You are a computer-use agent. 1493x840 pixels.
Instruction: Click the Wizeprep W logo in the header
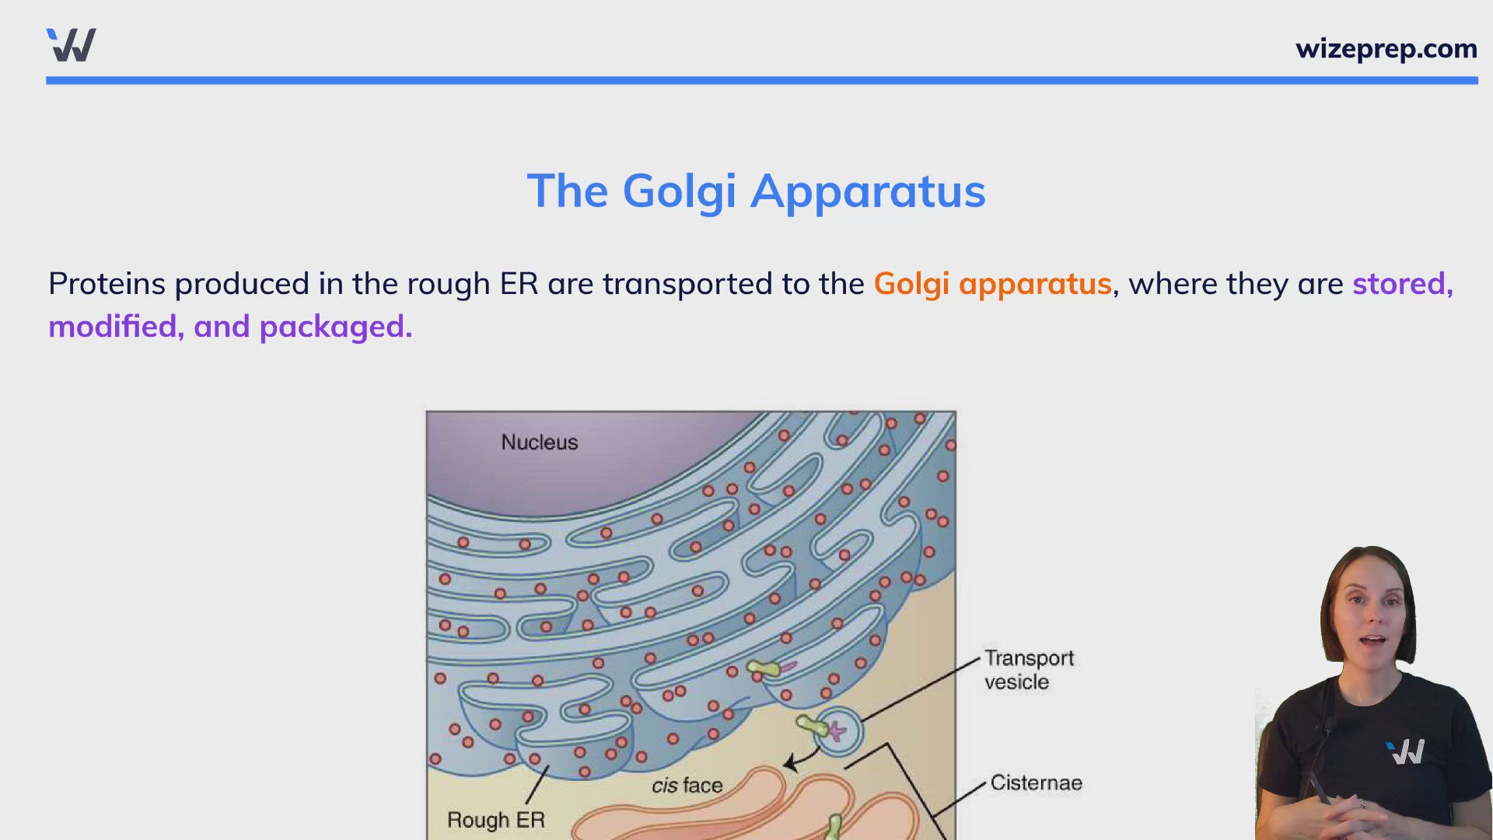pos(72,45)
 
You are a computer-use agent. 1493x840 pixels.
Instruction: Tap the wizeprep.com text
pos(1386,49)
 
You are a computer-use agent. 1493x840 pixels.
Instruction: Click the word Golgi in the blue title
pos(679,191)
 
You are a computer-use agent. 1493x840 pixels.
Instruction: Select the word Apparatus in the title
pos(868,192)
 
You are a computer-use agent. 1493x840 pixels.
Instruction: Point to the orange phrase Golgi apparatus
pos(992,285)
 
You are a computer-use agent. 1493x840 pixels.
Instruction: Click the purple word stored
pos(1402,284)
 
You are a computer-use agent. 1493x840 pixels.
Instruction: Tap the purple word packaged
pos(335,327)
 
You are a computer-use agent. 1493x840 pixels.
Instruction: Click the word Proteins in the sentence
pos(107,284)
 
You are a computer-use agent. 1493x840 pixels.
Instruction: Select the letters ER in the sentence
pos(519,284)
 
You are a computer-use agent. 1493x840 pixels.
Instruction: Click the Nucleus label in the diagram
pos(540,442)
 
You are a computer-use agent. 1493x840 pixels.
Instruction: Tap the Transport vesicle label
pos(1029,670)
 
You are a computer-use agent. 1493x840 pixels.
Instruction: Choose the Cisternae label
pos(1036,782)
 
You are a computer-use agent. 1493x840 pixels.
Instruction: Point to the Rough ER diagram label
pos(496,820)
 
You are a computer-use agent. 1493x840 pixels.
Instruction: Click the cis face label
pos(687,786)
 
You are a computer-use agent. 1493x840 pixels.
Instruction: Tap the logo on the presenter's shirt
pos(1405,752)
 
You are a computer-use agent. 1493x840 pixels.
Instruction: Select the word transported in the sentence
pos(687,285)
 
